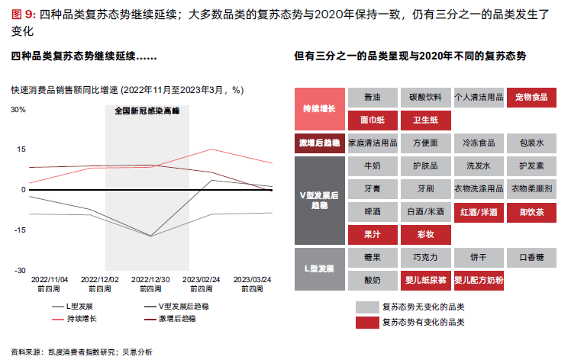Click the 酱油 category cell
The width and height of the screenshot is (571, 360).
click(x=373, y=98)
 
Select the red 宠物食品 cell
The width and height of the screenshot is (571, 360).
click(x=531, y=98)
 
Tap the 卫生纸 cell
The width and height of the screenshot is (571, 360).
click(x=425, y=121)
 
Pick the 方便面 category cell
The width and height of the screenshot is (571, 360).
click(x=425, y=143)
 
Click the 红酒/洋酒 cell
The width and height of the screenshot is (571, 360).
click(x=479, y=212)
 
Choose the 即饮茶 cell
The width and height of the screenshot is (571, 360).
click(x=531, y=212)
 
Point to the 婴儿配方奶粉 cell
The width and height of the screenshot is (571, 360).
click(x=479, y=281)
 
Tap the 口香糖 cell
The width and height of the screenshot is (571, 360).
click(x=531, y=258)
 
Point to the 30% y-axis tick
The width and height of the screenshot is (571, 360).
click(x=18, y=109)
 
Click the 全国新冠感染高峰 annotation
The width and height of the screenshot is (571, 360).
click(x=151, y=110)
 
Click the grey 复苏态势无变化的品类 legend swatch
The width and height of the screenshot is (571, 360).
click(x=366, y=307)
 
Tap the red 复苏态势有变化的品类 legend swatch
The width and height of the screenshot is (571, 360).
click(x=366, y=323)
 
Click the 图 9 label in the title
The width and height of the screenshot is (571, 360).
click(x=24, y=14)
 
